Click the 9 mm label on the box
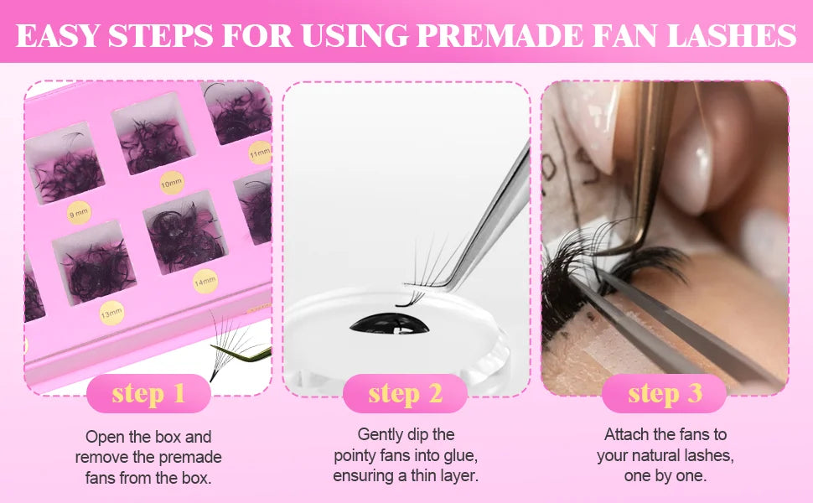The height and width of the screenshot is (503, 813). coord(79,214)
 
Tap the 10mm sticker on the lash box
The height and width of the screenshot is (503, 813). coord(171,182)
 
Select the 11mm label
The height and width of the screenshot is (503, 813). coord(260,153)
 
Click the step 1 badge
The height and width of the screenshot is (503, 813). coord(148,393)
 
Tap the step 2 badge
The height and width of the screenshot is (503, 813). coord(405,393)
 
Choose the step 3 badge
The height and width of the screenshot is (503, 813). coord(665,393)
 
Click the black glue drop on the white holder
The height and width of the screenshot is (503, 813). coord(401,324)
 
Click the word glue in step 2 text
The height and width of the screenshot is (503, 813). coord(458,455)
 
